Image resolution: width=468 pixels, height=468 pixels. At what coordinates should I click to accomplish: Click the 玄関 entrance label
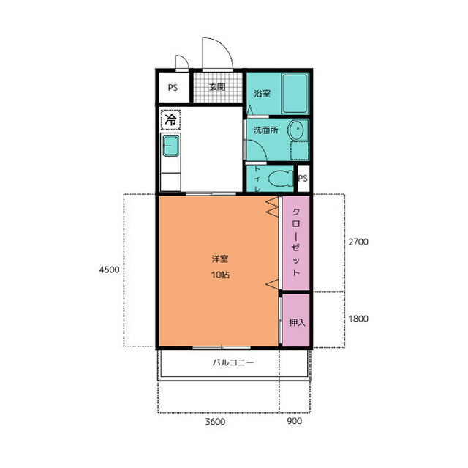click(x=217, y=87)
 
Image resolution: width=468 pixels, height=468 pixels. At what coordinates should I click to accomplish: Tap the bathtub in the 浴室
click(x=295, y=94)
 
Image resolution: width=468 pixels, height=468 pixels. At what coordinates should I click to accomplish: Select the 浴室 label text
click(x=262, y=94)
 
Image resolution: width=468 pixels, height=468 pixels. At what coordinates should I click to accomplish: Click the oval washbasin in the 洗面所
click(x=295, y=130)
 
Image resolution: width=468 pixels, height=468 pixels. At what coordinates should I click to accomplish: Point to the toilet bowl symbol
click(x=281, y=179)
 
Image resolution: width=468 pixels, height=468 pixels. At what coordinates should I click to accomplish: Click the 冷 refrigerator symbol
click(x=170, y=120)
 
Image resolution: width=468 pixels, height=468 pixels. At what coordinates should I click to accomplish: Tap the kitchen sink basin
click(x=171, y=146)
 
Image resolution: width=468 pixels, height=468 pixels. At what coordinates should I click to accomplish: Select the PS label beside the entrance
click(x=173, y=88)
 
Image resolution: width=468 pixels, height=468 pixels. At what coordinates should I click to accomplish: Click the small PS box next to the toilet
click(x=303, y=179)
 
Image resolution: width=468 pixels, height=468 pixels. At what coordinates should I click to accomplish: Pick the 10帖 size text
click(x=220, y=275)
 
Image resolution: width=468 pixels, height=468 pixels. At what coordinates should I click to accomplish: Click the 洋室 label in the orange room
click(x=220, y=259)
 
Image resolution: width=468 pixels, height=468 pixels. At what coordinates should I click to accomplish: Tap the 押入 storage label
click(x=297, y=322)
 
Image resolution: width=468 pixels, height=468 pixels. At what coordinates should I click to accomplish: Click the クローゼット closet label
click(x=295, y=242)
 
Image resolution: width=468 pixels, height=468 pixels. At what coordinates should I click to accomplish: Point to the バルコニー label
click(x=233, y=363)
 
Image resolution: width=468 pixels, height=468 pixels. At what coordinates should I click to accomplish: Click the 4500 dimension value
click(x=109, y=270)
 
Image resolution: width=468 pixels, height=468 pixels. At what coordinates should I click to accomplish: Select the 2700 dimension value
click(x=358, y=242)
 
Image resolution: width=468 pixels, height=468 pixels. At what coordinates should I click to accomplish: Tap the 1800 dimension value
click(x=358, y=319)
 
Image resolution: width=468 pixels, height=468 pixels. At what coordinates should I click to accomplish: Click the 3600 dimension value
click(x=215, y=422)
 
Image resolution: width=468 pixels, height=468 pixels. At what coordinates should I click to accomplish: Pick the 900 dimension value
click(x=294, y=421)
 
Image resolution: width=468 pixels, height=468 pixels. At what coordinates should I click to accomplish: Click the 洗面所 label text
click(x=265, y=130)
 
